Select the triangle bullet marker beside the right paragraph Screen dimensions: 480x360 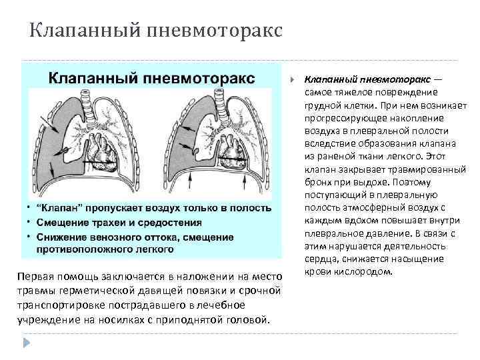point(293,78)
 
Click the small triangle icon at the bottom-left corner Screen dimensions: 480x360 point(27,342)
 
